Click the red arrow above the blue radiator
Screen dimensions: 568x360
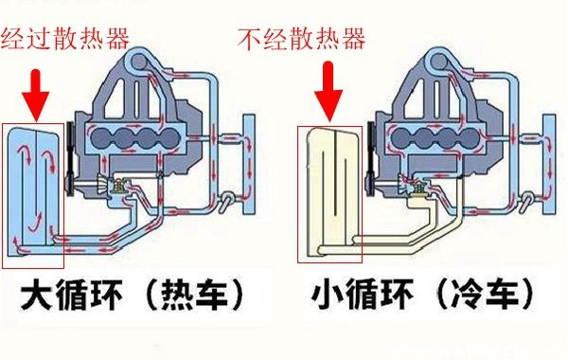pos(36,95)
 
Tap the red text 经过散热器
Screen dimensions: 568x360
pos(64,39)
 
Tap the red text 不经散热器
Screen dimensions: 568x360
pos(301,39)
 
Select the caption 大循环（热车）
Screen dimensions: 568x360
pos(133,294)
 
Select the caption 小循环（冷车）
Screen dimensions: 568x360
pos(423,294)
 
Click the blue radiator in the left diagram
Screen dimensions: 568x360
pos(32,192)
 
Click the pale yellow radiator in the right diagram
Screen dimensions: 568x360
pos(333,192)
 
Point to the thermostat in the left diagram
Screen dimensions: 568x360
pos(117,186)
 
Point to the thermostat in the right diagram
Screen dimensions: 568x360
pos(418,187)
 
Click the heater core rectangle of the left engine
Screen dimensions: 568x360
pos(248,164)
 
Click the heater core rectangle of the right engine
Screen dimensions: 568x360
pos(549,164)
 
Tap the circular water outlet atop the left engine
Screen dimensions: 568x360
pos(138,62)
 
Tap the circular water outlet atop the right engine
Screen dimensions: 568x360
pos(438,62)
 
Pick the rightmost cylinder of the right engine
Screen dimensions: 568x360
pos(470,137)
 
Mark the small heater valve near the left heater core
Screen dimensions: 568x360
pos(227,201)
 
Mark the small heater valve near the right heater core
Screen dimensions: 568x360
pos(527,201)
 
